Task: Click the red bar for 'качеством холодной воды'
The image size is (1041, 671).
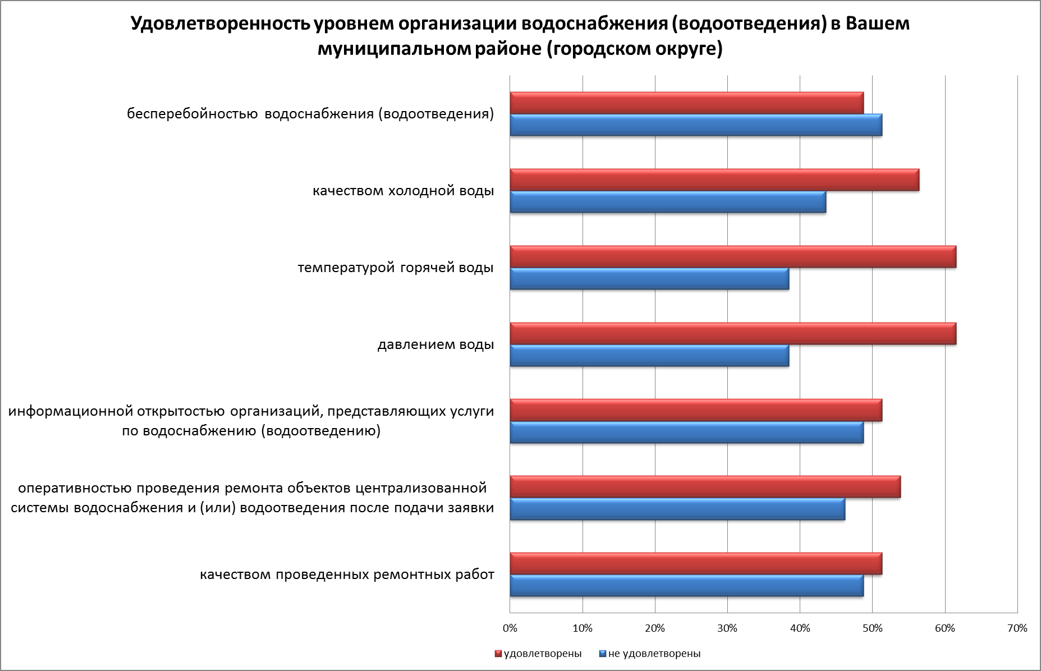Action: [x=714, y=180]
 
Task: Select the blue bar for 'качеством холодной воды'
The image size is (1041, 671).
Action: [x=668, y=202]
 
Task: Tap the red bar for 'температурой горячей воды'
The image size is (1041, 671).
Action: [x=732, y=256]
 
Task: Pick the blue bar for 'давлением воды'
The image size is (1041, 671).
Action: [x=649, y=356]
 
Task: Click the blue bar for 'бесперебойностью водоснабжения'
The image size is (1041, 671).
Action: [x=696, y=125]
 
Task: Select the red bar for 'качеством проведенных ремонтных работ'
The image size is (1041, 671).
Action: [x=696, y=563]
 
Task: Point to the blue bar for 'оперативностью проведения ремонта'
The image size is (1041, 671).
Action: [x=677, y=509]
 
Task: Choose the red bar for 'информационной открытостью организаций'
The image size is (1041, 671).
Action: [x=696, y=410]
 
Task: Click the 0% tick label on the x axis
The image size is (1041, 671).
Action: [x=510, y=628]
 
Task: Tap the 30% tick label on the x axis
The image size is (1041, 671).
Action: [x=727, y=628]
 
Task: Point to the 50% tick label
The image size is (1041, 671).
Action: [x=872, y=628]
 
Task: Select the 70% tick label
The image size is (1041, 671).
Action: [x=1017, y=628]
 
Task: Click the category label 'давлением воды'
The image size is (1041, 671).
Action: [x=435, y=344]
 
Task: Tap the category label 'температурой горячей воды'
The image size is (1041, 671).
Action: [x=396, y=268]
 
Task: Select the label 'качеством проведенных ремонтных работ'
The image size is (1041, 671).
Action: [x=347, y=575]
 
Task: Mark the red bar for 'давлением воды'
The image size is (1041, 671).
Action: [x=732, y=333]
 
